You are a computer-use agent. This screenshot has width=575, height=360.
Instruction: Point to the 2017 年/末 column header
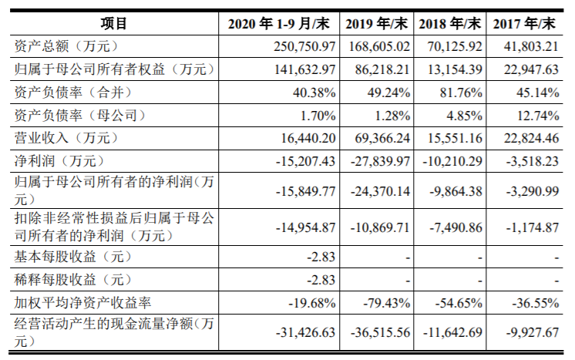point(525,22)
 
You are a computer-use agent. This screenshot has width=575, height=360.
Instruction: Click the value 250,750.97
point(304,46)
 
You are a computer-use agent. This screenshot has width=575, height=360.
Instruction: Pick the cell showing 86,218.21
point(378,69)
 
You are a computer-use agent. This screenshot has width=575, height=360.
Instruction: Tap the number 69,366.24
point(378,139)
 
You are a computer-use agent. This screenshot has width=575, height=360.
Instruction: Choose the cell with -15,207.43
point(305,162)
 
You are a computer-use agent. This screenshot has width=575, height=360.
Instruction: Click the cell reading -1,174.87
point(529,227)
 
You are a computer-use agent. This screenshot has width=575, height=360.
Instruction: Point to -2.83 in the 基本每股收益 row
point(320,256)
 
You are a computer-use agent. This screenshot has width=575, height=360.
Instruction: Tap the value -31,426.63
point(305,332)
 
